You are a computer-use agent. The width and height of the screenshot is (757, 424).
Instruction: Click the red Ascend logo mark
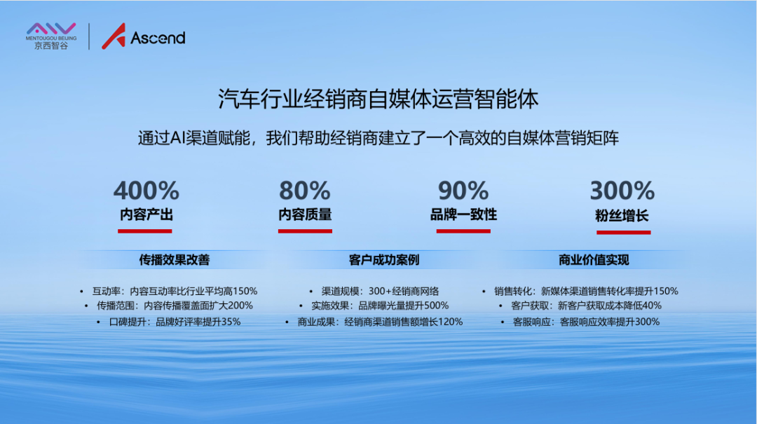pyautogui.click(x=114, y=36)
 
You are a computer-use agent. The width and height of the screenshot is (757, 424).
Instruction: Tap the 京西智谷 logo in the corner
pyautogui.click(x=51, y=36)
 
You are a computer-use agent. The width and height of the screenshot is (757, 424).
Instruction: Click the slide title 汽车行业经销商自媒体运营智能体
pyautogui.click(x=378, y=99)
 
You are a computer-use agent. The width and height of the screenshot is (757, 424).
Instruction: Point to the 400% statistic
pyautogui.click(x=146, y=190)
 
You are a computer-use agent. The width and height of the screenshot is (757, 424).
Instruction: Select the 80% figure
pyautogui.click(x=305, y=190)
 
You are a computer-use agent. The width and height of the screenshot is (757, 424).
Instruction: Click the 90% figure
pyautogui.click(x=463, y=190)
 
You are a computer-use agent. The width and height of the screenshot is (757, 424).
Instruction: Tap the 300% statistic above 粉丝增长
pyautogui.click(x=622, y=190)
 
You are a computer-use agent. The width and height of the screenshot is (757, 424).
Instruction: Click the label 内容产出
pyautogui.click(x=146, y=214)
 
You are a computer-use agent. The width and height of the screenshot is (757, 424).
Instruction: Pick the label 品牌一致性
pyautogui.click(x=463, y=214)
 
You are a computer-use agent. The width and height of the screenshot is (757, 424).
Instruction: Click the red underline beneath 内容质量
pyautogui.click(x=305, y=231)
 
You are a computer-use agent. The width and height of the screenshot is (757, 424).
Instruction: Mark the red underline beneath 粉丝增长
pyautogui.click(x=624, y=232)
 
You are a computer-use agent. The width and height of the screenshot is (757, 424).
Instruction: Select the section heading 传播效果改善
pyautogui.click(x=175, y=260)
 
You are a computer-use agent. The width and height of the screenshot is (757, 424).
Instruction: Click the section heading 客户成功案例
pyautogui.click(x=384, y=260)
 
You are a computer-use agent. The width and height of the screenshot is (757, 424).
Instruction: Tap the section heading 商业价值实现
pyautogui.click(x=594, y=260)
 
